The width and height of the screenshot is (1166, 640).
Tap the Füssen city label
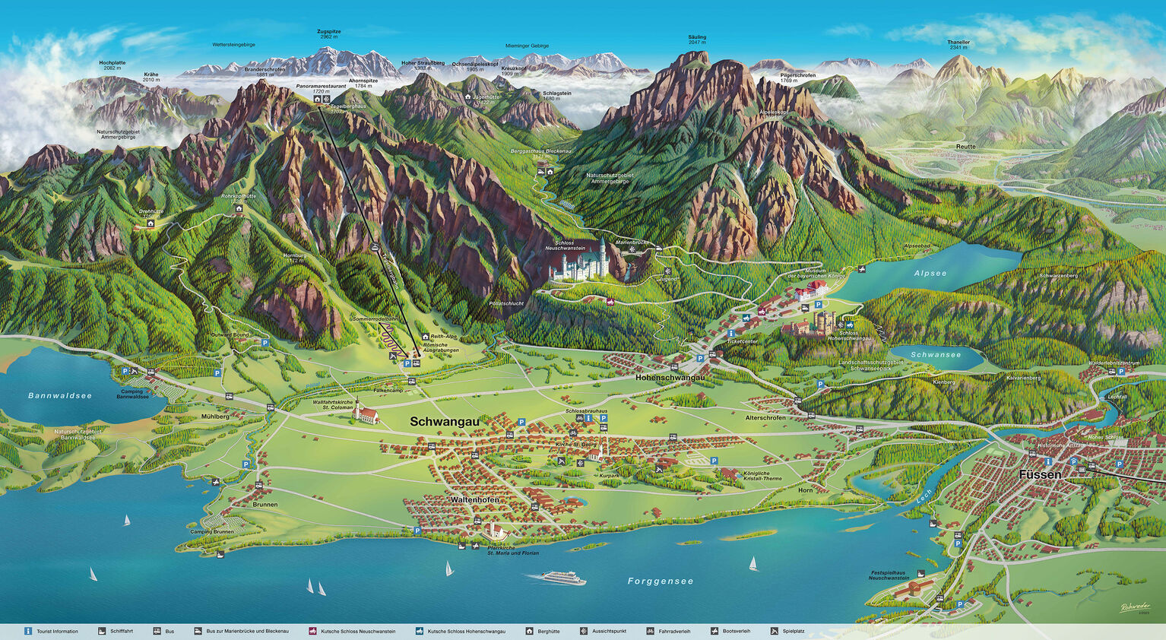1040,474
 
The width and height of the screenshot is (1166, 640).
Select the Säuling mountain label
697,37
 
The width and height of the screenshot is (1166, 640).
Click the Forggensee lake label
661,581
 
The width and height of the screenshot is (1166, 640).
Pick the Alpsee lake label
930,273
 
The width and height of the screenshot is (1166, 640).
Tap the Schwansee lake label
936,355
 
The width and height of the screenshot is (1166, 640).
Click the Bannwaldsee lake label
60,396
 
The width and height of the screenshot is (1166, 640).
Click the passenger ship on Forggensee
563,578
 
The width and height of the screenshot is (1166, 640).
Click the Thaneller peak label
958,43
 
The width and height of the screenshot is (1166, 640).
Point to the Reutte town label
965,146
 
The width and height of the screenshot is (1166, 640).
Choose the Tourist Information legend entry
57,632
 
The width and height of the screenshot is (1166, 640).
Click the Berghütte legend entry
549,632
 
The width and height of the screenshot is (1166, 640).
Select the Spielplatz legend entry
793,632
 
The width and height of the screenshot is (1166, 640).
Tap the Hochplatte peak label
112,63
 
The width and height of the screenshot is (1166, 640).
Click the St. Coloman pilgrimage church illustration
367,414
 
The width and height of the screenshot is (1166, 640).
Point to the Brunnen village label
265,504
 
